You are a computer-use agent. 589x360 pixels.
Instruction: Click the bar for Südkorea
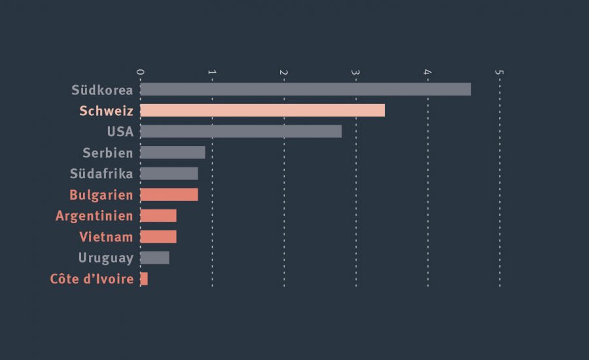(305, 90)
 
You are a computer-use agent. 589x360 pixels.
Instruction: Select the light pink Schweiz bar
(262, 111)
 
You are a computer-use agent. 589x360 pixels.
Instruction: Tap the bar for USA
(240, 132)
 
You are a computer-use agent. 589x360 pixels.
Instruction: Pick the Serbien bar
(172, 153)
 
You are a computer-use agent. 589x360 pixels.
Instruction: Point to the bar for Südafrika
(169, 173)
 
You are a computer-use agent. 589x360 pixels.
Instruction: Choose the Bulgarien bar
(169, 194)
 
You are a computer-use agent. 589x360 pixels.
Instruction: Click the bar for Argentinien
(158, 216)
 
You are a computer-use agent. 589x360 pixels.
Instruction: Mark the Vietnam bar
(158, 237)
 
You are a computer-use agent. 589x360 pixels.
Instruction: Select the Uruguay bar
(154, 258)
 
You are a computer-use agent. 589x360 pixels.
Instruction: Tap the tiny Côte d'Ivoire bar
(144, 279)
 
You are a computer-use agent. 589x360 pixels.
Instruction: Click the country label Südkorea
(102, 90)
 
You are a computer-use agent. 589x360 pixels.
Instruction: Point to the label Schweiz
(106, 111)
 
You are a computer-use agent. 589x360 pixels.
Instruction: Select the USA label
(120, 132)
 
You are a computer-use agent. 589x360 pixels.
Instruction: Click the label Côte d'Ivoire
(92, 279)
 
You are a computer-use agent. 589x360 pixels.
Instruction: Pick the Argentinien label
(94, 216)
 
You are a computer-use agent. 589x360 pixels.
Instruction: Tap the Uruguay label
(105, 258)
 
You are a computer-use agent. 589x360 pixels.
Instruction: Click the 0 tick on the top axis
(140, 71)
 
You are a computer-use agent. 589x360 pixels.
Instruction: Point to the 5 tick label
(500, 71)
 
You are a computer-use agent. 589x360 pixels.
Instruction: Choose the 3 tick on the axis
(356, 71)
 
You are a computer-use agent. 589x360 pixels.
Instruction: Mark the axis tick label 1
(212, 71)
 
